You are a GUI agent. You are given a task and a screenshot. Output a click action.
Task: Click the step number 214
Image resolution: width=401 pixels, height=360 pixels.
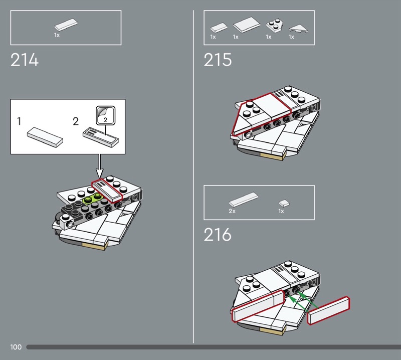(24, 60)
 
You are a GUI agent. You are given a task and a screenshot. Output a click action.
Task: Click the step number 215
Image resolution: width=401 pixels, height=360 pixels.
(218, 60)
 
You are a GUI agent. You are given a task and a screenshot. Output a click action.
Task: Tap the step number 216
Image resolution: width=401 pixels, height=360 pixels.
(218, 235)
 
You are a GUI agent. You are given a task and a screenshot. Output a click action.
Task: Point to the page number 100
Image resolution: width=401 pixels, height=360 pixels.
(16, 347)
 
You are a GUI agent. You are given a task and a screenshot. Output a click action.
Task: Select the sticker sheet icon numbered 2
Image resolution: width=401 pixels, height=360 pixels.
(106, 116)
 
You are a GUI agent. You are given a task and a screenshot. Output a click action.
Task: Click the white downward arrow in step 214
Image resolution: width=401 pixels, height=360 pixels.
(99, 166)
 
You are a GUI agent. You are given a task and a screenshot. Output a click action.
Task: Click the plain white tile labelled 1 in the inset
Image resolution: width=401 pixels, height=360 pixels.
(45, 137)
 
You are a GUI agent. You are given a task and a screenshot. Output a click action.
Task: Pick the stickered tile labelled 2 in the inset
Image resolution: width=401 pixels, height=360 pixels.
(101, 137)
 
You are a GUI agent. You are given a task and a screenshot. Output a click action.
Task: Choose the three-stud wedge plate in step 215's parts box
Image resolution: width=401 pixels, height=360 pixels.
(273, 27)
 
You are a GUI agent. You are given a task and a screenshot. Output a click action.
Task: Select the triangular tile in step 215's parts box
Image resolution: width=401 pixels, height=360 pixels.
(298, 29)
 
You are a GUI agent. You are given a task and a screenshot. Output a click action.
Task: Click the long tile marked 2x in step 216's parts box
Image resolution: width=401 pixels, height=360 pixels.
(244, 200)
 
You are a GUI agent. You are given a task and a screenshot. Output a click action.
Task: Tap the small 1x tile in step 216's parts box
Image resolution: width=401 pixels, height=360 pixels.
(284, 204)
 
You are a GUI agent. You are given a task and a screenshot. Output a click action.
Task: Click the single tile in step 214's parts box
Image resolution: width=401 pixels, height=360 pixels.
(66, 25)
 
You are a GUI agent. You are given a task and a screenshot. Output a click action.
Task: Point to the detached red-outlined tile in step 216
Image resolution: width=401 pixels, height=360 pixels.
(329, 311)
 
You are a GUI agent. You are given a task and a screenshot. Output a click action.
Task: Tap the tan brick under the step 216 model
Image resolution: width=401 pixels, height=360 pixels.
(272, 331)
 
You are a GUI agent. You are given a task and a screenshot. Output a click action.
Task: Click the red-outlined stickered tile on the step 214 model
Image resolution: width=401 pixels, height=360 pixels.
(107, 190)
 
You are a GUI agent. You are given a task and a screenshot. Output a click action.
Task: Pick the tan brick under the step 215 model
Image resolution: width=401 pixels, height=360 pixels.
(272, 156)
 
